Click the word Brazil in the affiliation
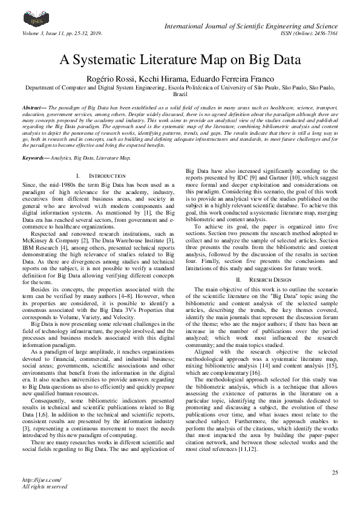(180, 94)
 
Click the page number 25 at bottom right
(335, 472)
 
